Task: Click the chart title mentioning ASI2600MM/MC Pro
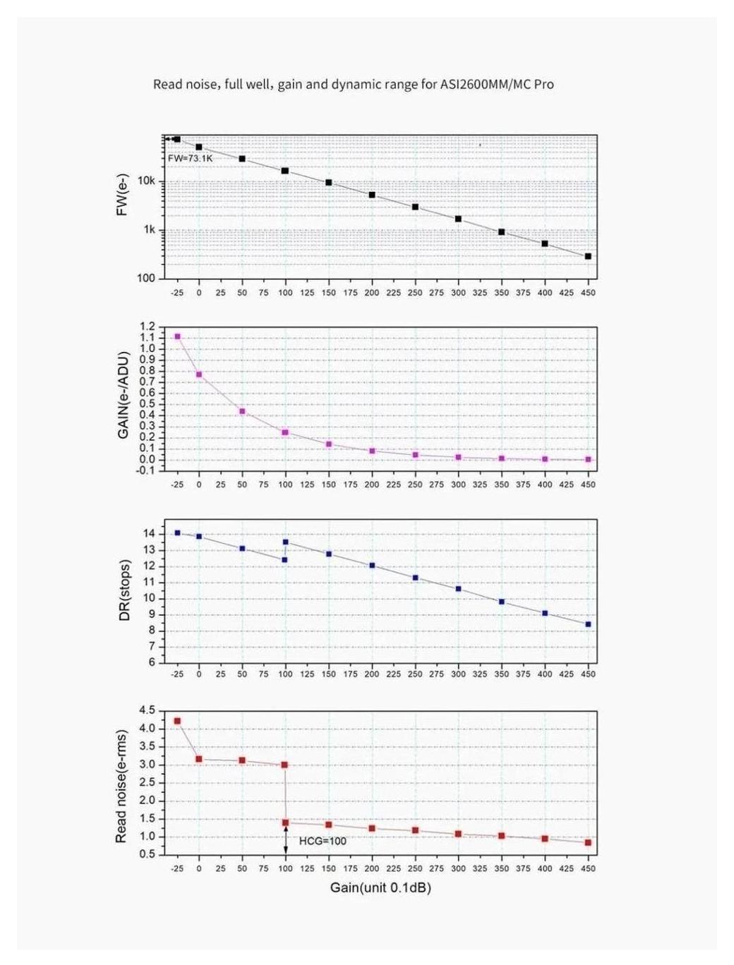click(353, 85)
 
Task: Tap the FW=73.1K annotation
click(190, 158)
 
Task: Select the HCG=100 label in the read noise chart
click(323, 841)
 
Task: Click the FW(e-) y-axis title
click(123, 194)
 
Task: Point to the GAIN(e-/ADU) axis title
click(124, 395)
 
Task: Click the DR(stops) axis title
click(124, 590)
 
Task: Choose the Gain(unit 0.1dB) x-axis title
click(380, 887)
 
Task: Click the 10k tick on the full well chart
click(147, 181)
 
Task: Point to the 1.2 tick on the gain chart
click(148, 327)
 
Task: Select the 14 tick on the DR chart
click(149, 533)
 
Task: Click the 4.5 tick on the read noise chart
click(148, 710)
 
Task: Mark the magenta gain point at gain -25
click(177, 336)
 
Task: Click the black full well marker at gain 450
click(588, 256)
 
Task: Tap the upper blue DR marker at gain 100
click(285, 542)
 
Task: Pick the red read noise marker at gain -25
click(177, 721)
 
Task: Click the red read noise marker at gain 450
click(588, 842)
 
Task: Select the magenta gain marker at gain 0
click(199, 375)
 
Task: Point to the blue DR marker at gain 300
click(458, 588)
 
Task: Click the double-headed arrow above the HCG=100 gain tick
click(285, 841)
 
